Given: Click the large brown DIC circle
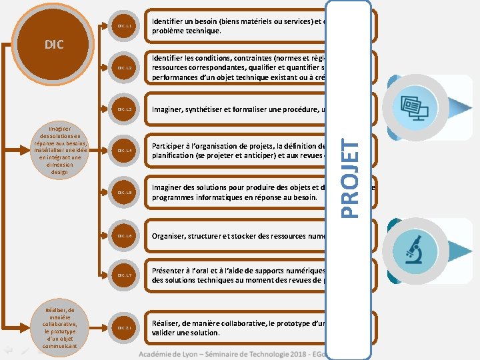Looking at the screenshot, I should (54, 44).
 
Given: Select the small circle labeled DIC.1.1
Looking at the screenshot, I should (126, 26).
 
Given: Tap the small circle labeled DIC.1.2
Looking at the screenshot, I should (126, 68).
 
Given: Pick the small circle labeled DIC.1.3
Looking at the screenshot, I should (126, 109).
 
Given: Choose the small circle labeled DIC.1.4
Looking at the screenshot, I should (126, 151).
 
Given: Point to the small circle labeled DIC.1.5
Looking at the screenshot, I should (126, 193).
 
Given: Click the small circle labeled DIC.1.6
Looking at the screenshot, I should (126, 236).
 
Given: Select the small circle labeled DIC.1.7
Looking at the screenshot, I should (126, 275).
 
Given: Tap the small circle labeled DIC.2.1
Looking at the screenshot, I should (126, 328).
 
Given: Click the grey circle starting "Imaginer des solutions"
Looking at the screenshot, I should (54, 151).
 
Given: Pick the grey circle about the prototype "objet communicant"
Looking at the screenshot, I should (60, 328).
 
